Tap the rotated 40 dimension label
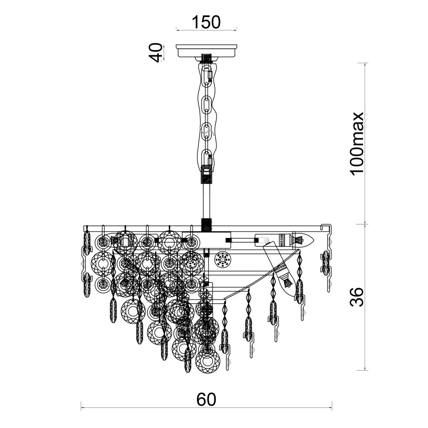point(156,53)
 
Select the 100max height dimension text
point(357,143)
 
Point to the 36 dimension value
point(357,297)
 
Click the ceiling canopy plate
point(206,51)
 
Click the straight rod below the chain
point(206,202)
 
